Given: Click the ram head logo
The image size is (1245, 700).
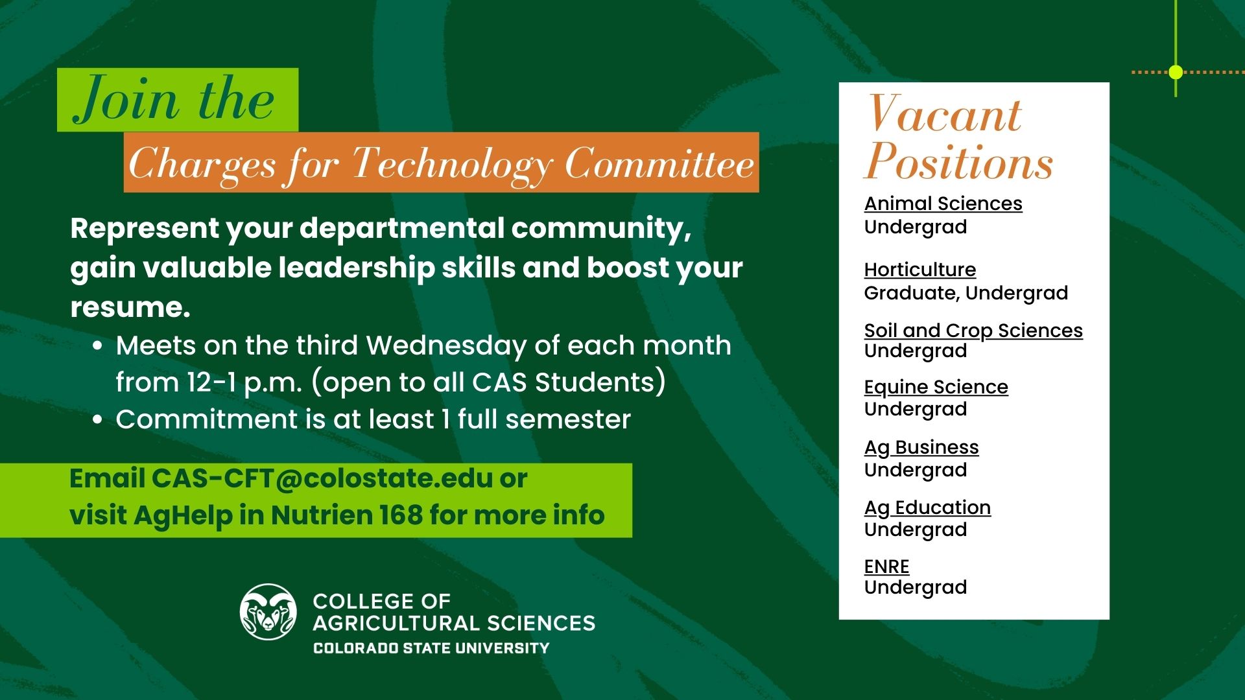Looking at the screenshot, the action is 268,612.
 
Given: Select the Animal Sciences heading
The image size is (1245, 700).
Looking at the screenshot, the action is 943,204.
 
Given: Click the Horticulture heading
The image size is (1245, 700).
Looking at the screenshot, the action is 919,270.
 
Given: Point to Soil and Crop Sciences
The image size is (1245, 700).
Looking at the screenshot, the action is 973,331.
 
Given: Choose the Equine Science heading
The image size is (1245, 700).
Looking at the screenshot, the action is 936,387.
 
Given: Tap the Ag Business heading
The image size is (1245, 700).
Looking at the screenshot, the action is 921,447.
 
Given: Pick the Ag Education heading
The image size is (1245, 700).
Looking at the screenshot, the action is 927,507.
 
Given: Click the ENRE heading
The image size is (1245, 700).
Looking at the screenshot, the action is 886,566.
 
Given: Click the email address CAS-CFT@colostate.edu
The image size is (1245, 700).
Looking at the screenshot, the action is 322,479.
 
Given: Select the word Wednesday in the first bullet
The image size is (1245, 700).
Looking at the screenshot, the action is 445,345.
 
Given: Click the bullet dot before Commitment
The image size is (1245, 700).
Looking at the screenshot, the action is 97,420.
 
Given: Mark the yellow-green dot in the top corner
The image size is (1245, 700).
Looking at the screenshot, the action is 1176,72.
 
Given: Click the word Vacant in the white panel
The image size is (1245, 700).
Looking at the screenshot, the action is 945,114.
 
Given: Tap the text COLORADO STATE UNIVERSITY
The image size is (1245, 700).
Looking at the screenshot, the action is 431,648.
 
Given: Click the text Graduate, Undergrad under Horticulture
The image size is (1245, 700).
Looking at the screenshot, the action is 966,293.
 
